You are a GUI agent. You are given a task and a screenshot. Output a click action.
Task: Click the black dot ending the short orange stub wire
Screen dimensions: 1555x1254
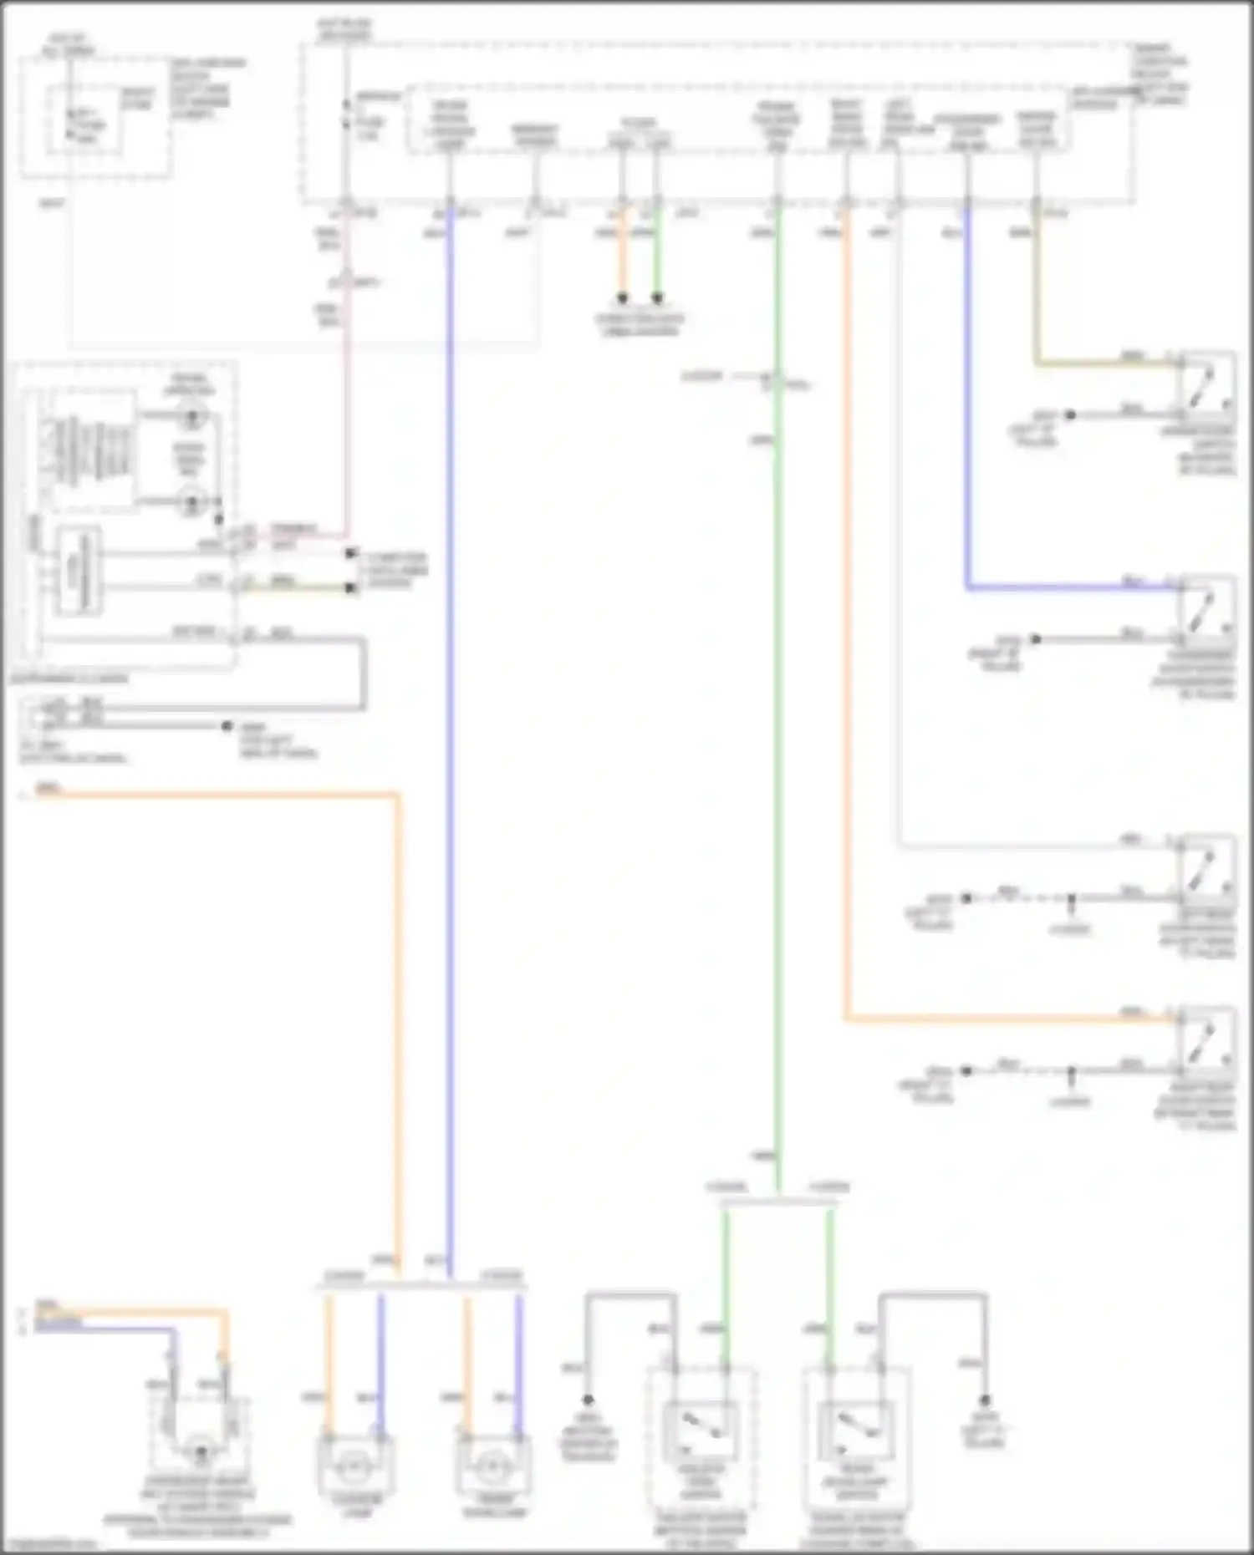click(x=622, y=298)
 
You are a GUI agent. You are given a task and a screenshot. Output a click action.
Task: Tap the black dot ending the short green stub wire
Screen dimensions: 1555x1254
click(x=657, y=298)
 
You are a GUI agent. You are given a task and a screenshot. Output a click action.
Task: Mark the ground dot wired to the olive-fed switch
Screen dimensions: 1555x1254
click(x=1069, y=414)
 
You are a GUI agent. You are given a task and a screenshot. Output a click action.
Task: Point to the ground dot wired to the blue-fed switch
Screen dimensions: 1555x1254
click(x=1035, y=639)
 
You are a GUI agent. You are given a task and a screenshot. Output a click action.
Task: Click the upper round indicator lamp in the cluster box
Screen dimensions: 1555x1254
click(x=193, y=414)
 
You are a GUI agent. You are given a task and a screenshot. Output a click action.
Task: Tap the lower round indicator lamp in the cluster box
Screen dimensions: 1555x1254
click(x=193, y=502)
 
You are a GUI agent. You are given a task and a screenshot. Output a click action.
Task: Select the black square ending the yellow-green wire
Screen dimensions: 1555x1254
click(x=351, y=588)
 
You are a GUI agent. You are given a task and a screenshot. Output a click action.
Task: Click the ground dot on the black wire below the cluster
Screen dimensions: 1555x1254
click(x=227, y=726)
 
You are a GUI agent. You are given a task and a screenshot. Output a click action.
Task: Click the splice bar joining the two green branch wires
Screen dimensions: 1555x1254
click(x=778, y=1202)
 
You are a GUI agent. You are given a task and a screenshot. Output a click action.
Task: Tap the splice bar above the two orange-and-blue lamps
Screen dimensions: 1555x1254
click(x=422, y=1288)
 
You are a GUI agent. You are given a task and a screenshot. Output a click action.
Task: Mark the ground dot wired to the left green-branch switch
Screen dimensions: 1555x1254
click(x=588, y=1400)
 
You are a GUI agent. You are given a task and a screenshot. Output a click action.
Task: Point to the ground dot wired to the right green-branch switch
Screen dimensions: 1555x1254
click(x=985, y=1400)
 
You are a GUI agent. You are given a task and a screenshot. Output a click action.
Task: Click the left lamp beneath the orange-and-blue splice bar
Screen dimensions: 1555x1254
click(x=354, y=1466)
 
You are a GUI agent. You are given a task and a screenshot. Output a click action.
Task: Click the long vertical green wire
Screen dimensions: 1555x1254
click(x=778, y=752)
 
